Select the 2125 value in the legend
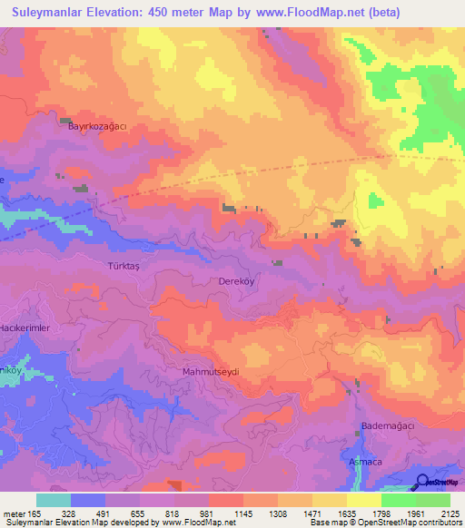point(450,513)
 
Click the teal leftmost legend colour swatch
point(54,500)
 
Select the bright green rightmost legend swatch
point(433,500)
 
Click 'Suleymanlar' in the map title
point(41,13)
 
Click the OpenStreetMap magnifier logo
point(423,482)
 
